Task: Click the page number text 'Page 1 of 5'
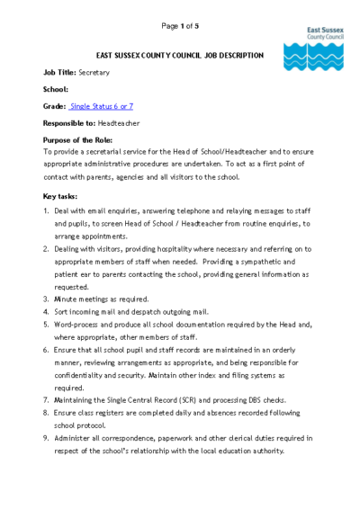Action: (179, 26)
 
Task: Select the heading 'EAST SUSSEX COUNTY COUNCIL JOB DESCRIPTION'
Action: (180, 56)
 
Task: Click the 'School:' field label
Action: (56, 89)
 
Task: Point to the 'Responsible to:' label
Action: (69, 123)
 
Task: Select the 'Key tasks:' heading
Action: (60, 195)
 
